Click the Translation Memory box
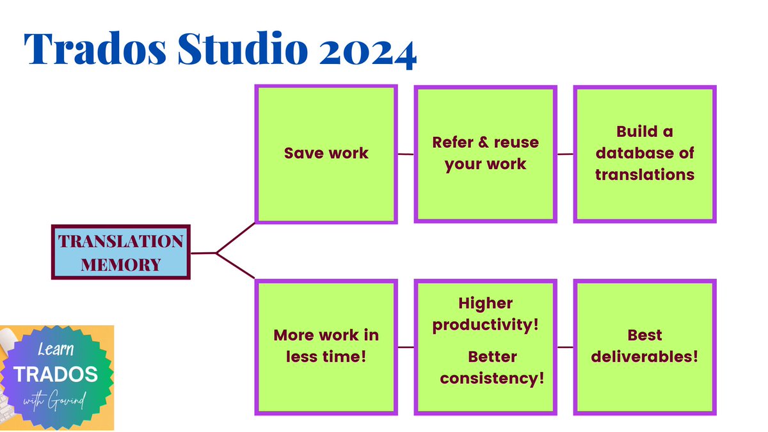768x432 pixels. (x=121, y=252)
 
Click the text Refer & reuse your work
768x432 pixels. (x=486, y=153)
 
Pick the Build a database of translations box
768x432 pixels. (x=644, y=153)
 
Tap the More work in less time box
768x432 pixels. (x=326, y=346)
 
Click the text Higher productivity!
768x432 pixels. (x=486, y=314)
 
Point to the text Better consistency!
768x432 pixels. (x=492, y=367)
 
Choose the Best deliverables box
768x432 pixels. (x=644, y=346)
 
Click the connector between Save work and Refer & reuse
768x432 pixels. (x=406, y=154)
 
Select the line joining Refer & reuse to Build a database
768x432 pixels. (x=565, y=154)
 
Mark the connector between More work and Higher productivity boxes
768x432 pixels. (x=406, y=348)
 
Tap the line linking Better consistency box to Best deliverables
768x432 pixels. (x=565, y=348)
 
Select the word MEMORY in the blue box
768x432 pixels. (x=121, y=263)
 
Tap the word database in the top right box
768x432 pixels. (x=644, y=153)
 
